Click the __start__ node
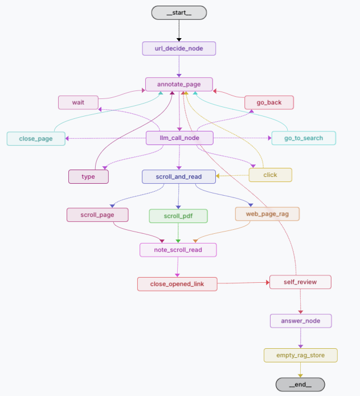[x=179, y=13]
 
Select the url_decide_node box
[x=179, y=48]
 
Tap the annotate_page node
[x=179, y=84]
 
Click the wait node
[x=78, y=102]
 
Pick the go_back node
[x=269, y=102]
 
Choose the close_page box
[x=35, y=138]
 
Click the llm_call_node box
[x=179, y=138]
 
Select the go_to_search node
[x=303, y=138]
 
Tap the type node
[x=88, y=176]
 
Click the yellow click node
[x=270, y=175]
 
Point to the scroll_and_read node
[x=179, y=176]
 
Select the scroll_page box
[x=97, y=214]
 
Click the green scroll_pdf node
[x=178, y=216]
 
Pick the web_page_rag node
[x=267, y=214]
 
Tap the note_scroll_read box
[x=179, y=250]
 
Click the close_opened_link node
[x=177, y=284]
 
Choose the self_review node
[x=300, y=282]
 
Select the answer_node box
[x=301, y=321]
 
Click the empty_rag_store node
[x=301, y=356]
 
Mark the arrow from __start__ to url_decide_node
[x=179, y=30]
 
